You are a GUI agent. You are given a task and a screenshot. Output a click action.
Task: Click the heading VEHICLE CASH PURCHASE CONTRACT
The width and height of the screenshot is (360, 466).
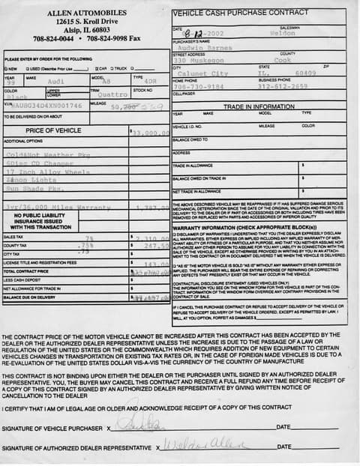click(241, 14)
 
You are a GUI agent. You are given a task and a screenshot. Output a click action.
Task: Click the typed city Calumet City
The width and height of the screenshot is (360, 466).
click(199, 73)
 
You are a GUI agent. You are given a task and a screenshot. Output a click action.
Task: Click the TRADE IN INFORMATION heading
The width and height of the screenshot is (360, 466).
click(259, 107)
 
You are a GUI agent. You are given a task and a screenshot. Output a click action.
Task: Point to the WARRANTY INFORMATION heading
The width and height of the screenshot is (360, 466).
click(244, 227)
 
